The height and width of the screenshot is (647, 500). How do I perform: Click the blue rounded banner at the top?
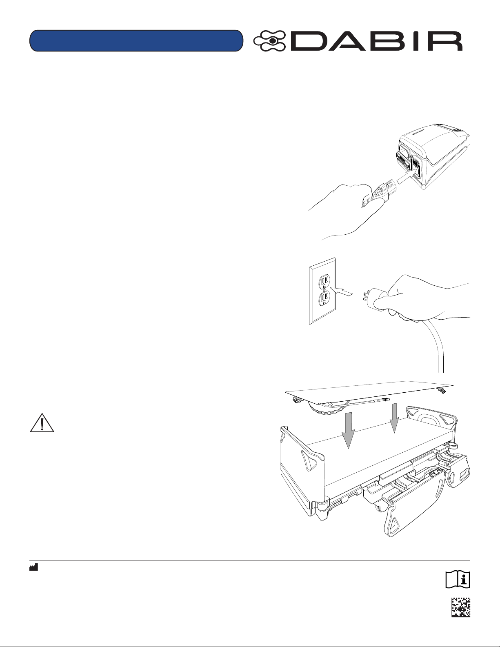coord(136,40)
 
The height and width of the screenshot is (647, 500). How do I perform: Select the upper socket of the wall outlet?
coord(324,281)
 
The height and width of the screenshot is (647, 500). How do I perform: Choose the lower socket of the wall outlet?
coord(324,298)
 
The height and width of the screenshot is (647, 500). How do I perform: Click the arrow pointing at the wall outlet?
coord(343,292)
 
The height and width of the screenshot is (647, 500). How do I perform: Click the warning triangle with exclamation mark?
coord(42,423)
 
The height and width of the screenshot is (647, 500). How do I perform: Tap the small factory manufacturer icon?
coord(33,567)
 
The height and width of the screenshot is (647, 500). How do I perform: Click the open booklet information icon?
coord(458,579)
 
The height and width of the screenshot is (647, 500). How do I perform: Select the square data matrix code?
coord(461,607)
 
